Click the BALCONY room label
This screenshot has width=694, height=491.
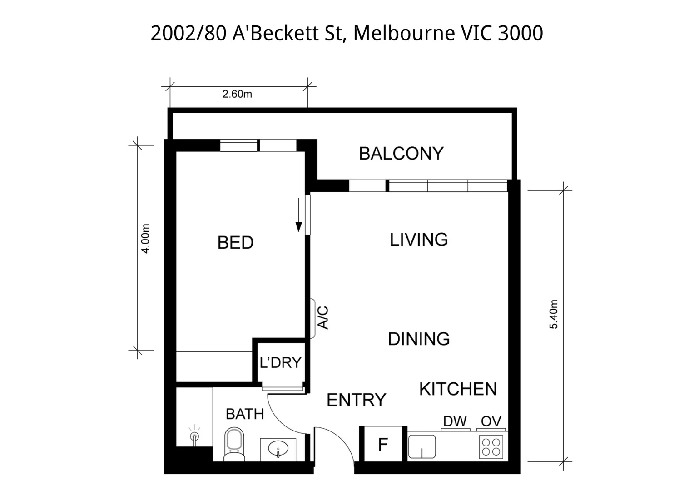coord(401,153)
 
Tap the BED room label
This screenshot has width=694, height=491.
coord(235,242)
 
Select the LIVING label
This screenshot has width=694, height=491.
coord(419,240)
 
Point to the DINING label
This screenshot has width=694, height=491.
coord(419,339)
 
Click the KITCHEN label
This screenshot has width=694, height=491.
coord(458,389)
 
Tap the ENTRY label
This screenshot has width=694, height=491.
coord(356,400)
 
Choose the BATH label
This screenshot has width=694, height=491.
coord(245,414)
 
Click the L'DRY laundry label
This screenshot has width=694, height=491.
coord(280,362)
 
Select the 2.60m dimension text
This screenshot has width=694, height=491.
coord(237,94)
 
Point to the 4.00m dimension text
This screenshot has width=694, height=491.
coord(146,239)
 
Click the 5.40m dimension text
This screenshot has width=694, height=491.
coord(553,314)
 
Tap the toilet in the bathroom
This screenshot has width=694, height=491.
coord(234,444)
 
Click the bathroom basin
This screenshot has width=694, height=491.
coord(278,449)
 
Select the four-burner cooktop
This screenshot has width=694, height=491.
coord(491,447)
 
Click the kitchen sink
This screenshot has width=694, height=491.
coord(422,446)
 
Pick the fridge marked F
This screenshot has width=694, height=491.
coord(383,444)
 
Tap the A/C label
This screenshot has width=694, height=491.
coord(323,317)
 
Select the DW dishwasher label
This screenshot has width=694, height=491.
coord(455,421)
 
